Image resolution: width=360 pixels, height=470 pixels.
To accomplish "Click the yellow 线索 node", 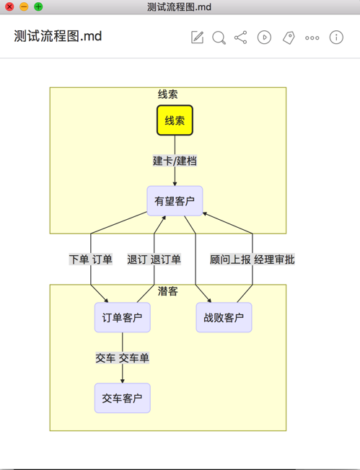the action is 175,120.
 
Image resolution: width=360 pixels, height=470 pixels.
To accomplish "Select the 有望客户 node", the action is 175,201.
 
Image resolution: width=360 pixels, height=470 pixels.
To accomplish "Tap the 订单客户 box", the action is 123,317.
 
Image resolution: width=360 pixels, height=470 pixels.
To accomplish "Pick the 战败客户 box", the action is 224,317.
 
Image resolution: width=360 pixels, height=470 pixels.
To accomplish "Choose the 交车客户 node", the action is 123,398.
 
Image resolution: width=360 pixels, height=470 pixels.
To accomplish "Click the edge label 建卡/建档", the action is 175,161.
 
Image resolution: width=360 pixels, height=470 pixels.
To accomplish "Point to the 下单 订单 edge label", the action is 91,260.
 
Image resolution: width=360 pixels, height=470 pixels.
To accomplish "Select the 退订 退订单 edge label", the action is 154,260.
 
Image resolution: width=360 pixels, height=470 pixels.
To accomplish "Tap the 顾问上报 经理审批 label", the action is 253,260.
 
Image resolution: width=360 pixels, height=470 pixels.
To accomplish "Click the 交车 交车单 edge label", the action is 123,358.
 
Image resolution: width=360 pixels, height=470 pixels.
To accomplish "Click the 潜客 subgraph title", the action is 168,291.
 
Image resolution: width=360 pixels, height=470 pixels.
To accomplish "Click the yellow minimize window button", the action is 24,6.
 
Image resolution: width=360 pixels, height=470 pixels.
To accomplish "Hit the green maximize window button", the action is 38,6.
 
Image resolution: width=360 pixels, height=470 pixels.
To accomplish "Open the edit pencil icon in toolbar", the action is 198,37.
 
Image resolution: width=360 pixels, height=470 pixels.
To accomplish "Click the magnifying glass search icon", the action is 219,37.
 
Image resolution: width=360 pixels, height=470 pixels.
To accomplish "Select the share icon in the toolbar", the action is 240,37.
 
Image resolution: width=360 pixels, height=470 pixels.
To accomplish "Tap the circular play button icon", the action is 264,37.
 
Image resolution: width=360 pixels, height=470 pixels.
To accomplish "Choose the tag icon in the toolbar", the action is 289,37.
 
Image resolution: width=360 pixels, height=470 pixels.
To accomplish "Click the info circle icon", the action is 336,37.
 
